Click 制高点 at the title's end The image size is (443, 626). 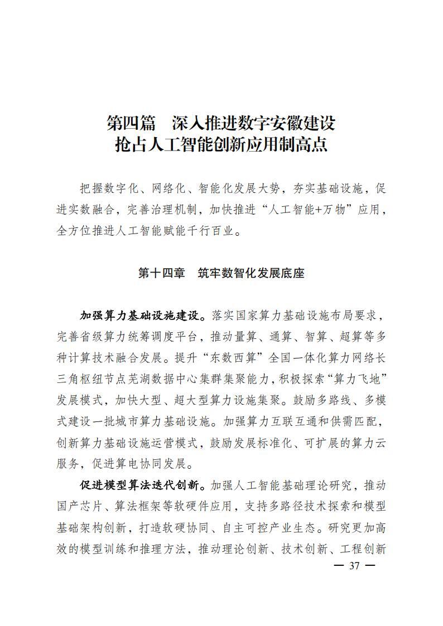tap(306, 145)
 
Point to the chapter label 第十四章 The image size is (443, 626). tap(161, 274)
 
